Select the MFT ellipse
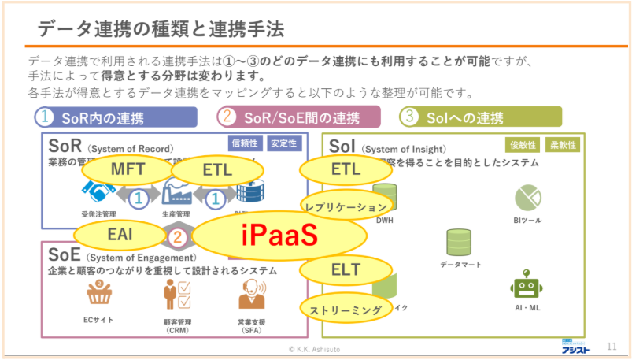127,169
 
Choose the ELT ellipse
345,269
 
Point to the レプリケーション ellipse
346,206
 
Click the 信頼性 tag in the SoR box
244,143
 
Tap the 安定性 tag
283,143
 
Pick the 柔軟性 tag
562,145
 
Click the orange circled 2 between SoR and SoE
179,236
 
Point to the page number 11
612,346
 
